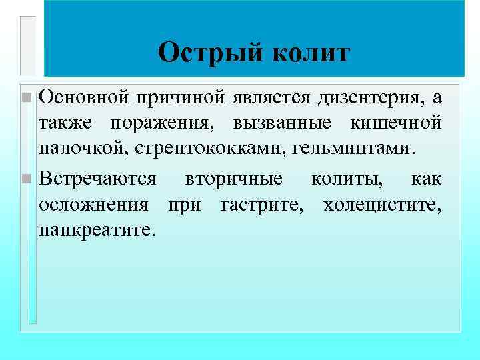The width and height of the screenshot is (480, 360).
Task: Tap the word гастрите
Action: (259, 204)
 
